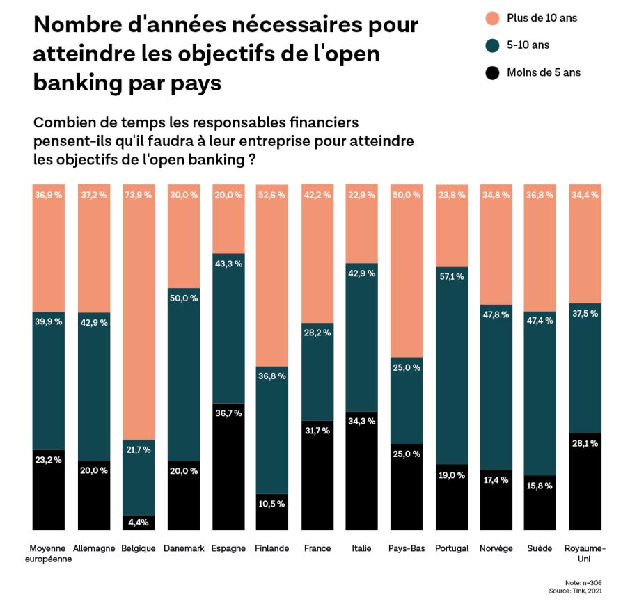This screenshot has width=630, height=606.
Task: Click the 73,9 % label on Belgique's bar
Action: click(138, 196)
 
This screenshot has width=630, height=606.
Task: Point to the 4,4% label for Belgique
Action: click(138, 521)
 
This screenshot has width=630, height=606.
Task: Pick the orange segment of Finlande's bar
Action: click(272, 278)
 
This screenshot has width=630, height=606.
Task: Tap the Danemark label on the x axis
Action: click(184, 548)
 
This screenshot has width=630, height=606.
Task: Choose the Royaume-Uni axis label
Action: click(585, 553)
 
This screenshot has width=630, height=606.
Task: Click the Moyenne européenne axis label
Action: click(49, 553)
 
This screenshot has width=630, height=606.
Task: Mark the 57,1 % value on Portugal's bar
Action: click(451, 276)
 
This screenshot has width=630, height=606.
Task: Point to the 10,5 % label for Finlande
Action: click(272, 504)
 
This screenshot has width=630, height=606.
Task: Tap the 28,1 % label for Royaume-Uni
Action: click(585, 443)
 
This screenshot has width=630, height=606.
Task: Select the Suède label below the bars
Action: click(540, 548)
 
